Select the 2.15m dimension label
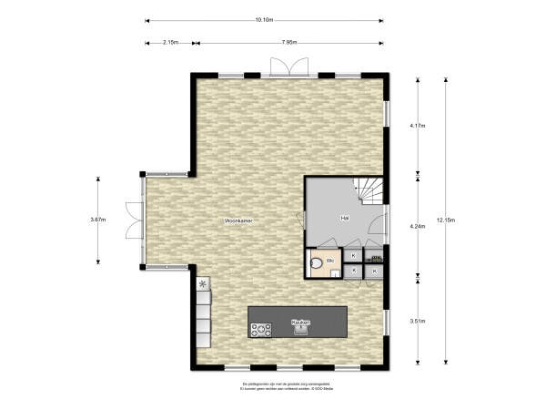point(169,42)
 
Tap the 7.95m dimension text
point(288,42)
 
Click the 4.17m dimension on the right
point(418,125)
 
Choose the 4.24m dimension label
point(418,225)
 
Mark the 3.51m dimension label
point(418,321)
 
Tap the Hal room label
point(345,219)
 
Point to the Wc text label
point(331,261)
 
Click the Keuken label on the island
point(299,323)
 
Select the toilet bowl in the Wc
point(316,264)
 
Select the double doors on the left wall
point(134,220)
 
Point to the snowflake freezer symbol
point(203,284)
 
